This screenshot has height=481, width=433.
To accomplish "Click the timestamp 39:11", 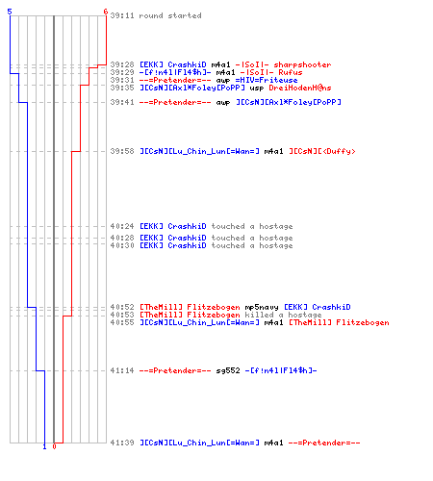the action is pos(122,15).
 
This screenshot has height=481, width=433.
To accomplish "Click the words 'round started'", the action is pos(170,15).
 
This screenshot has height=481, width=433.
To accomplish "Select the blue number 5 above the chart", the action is pos(10,12).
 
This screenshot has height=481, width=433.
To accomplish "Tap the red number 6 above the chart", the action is pos(106,12).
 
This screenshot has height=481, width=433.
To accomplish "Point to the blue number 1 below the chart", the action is pos(44,446).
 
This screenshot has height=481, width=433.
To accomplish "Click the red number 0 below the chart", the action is pos(54,446).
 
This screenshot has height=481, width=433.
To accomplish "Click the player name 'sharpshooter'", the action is pos(302,64).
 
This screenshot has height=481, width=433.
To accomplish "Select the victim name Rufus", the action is pos(291,72).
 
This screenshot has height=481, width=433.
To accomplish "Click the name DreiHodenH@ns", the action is pos(300,88).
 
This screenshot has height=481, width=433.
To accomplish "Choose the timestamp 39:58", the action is pos(122,151).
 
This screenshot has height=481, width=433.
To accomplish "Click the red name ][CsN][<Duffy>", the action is pos(322,151).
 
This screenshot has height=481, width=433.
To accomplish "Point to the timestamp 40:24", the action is pos(122,226).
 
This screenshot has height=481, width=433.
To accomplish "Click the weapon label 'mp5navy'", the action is pos(262,307).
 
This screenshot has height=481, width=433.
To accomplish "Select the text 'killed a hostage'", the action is pos(283,315).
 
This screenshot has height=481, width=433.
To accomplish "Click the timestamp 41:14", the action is pos(122,370).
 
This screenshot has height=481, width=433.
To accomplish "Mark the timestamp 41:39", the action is pos(122,443).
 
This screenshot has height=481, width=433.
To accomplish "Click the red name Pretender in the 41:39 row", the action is pos(324,443).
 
